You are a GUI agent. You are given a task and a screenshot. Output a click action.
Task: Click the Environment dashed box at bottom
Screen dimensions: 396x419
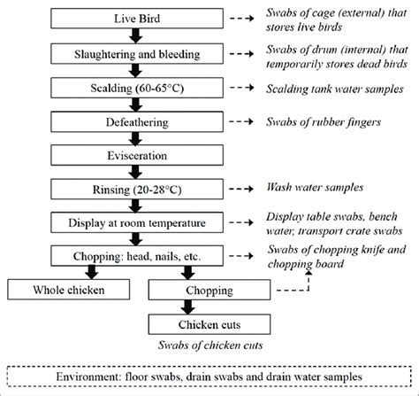point(209,376)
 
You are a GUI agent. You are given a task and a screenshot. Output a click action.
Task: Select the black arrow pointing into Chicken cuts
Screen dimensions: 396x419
point(212,307)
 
